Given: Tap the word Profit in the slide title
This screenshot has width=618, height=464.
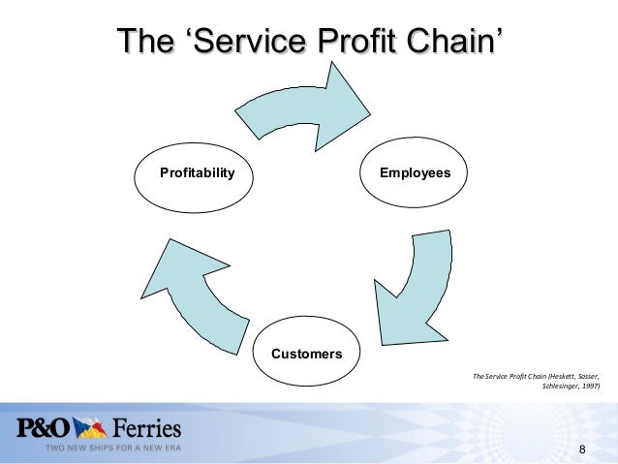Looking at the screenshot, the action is click(355, 43).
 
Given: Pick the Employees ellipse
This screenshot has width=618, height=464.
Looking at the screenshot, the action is click(415, 173).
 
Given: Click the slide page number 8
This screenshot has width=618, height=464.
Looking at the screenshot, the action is click(582, 449).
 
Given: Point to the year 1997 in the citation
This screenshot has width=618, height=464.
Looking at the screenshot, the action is click(589, 387).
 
